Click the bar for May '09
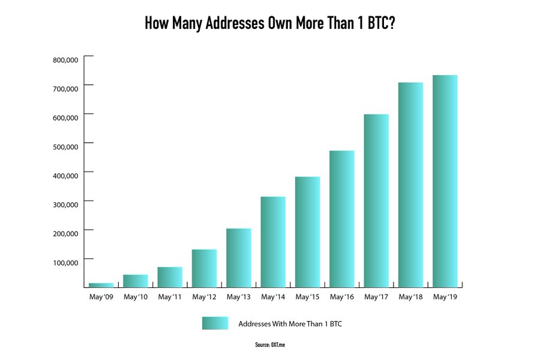pos(101,285)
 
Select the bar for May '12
pos(204,268)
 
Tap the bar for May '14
pos(273,242)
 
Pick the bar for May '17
pos(376,201)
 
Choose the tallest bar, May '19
pos(445,181)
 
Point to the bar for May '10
pos(136,281)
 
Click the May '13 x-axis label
pos(238,297)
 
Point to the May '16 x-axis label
pos(341,297)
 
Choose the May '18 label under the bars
pos(410,297)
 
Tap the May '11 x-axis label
pos(169,297)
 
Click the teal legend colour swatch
pos(215,323)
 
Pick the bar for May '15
pos(307,232)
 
